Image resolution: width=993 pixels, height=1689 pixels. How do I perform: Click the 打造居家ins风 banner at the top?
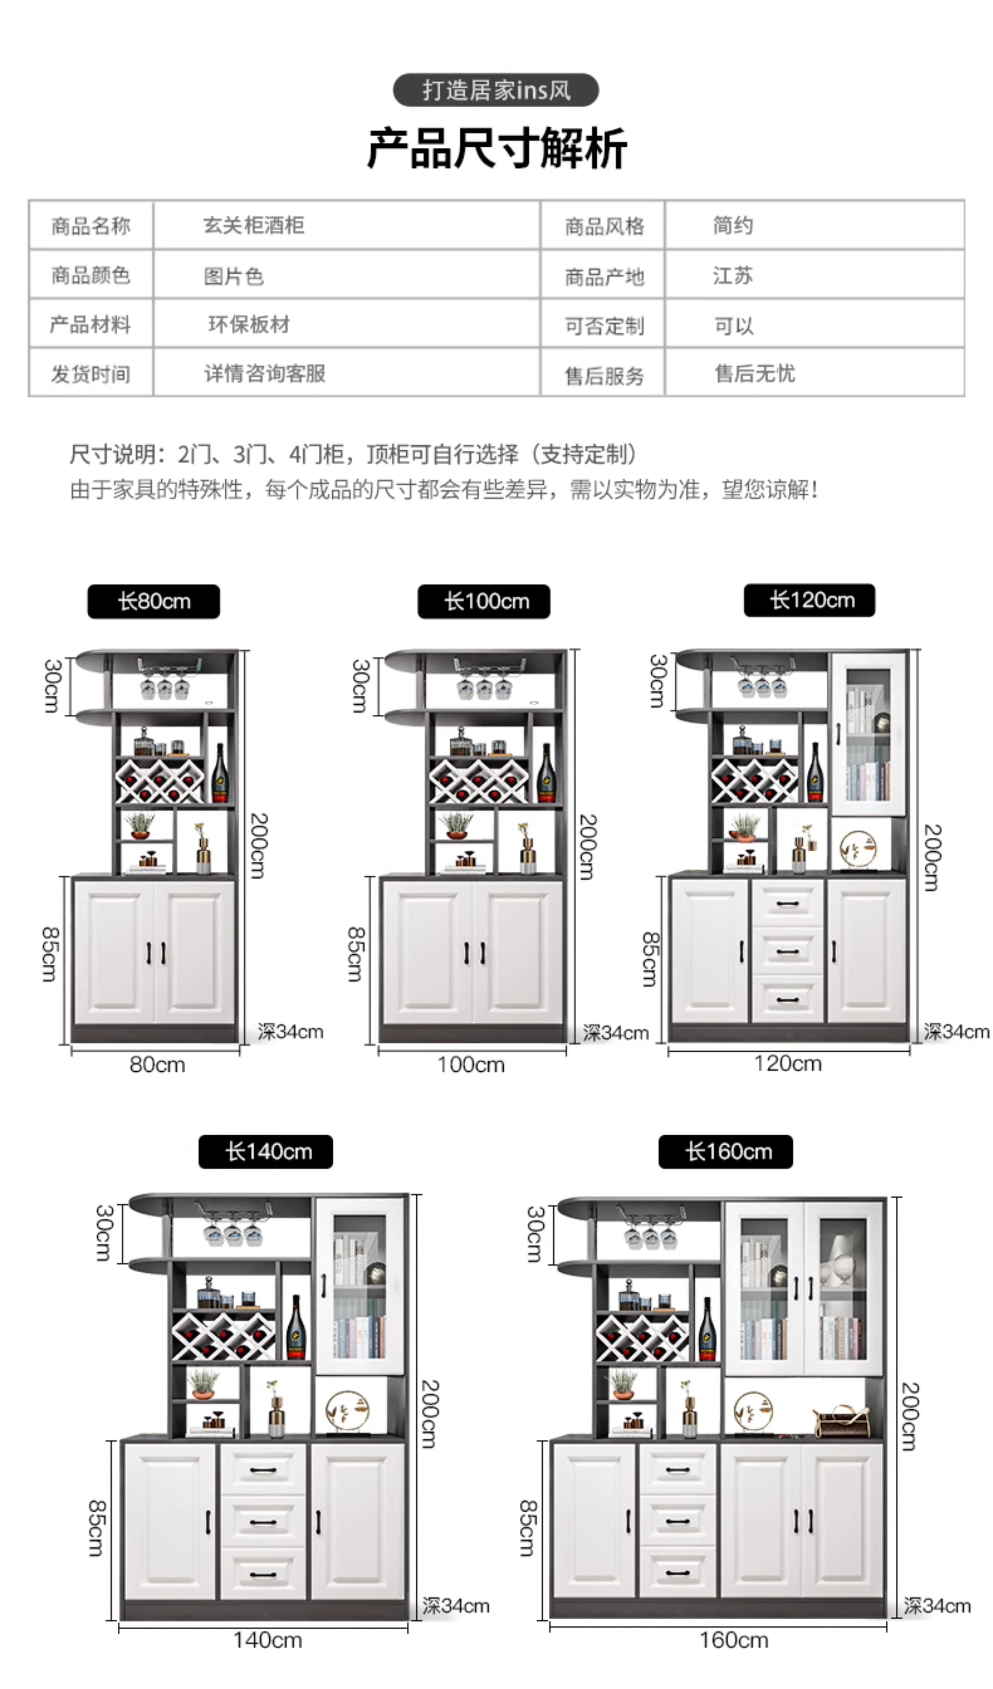tap(496, 90)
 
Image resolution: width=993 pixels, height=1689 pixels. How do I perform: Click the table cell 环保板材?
tap(249, 324)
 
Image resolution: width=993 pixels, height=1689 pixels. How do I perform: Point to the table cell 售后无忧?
tap(754, 373)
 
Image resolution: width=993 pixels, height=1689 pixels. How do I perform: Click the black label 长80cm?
tap(153, 601)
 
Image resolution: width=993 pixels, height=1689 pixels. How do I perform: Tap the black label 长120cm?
tap(809, 600)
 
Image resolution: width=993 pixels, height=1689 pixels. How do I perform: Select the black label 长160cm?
tap(726, 1151)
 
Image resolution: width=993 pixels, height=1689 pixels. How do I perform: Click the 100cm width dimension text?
tap(470, 1064)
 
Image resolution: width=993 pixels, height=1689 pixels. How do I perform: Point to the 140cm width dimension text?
tap(267, 1640)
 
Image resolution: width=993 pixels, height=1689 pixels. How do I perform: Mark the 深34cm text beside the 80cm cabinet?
tap(290, 1032)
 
